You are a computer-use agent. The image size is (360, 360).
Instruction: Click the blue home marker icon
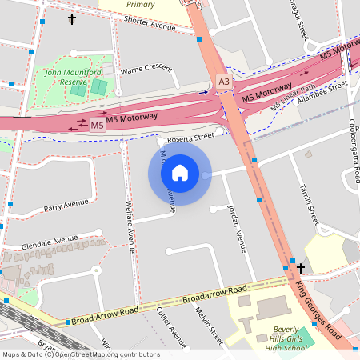click(180, 172)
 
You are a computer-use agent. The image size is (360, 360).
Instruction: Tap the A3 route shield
click(224, 82)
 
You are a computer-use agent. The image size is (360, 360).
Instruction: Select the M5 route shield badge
click(97, 126)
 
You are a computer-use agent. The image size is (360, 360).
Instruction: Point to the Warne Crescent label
click(146, 70)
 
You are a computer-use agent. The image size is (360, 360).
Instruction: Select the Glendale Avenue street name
click(50, 240)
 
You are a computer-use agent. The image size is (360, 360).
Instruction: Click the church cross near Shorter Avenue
click(71, 18)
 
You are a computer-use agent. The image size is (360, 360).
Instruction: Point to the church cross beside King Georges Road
click(301, 268)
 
